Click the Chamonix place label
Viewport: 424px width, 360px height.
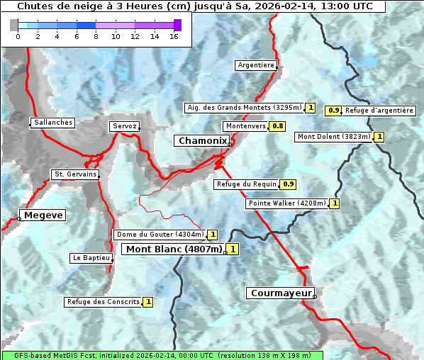pos(201,141)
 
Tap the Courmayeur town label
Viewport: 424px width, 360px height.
pos(280,293)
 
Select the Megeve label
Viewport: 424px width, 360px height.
pos(43,215)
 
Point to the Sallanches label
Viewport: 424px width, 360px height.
pos(52,123)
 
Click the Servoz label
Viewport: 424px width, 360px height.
pos(124,126)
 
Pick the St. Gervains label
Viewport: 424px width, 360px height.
pos(74,174)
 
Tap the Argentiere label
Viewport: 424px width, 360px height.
pos(256,65)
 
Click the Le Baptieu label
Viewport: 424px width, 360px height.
pos(91,258)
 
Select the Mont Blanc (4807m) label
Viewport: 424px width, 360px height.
pos(174,249)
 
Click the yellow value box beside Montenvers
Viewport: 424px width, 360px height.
pos(278,126)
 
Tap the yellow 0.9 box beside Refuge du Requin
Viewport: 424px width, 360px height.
pos(288,184)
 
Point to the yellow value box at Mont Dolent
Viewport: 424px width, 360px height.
pos(379,137)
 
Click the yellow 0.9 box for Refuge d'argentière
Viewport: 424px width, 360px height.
pos(333,111)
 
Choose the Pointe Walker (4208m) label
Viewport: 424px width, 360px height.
pos(287,203)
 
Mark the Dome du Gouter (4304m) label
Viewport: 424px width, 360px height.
pos(160,235)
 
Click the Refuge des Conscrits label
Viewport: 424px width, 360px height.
pos(103,302)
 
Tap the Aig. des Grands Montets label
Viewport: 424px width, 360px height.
pos(228,108)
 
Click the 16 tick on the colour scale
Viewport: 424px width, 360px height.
pos(174,36)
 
